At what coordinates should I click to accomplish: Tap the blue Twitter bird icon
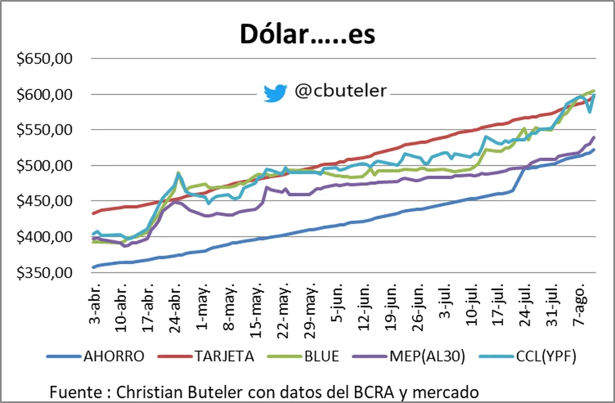tap(275, 93)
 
